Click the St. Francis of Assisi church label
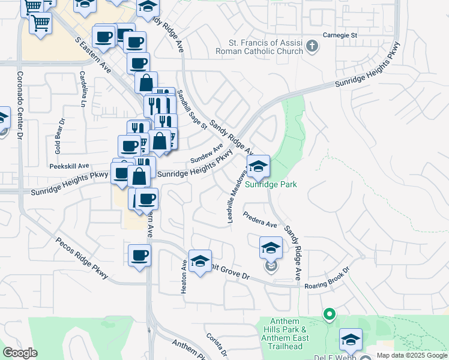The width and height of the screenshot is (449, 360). (x=265, y=47)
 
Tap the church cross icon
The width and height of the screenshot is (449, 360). (x=312, y=46)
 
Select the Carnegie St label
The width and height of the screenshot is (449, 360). (x=340, y=35)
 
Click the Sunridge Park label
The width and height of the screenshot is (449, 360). (x=271, y=185)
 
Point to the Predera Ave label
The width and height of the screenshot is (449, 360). (x=260, y=220)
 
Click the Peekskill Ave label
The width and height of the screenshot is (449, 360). (x=69, y=166)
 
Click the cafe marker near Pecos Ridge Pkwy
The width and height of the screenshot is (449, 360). (x=139, y=256)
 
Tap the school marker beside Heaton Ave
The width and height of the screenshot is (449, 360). (x=200, y=261)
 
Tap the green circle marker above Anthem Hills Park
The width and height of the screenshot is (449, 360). (x=328, y=314)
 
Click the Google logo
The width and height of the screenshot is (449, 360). (x=20, y=352)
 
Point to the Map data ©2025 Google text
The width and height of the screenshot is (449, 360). (x=411, y=355)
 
